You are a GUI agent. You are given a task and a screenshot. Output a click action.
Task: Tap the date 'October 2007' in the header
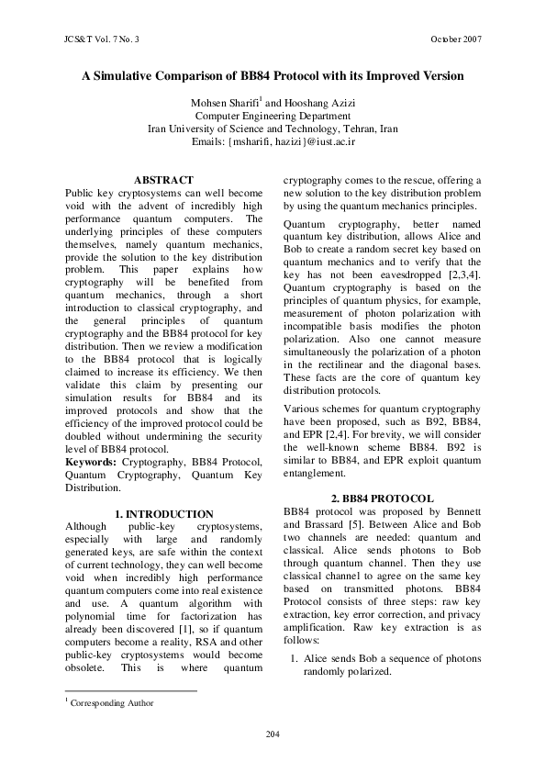pyautogui.click(x=455, y=39)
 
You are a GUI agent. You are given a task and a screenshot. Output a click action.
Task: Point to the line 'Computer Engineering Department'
pyautogui.click(x=273, y=117)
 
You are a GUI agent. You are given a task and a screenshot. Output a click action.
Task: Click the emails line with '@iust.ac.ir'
pyautogui.click(x=273, y=143)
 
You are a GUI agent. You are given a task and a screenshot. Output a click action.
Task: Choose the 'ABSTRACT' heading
pyautogui.click(x=163, y=180)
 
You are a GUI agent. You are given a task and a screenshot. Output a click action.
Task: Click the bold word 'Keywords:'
pyautogui.click(x=90, y=463)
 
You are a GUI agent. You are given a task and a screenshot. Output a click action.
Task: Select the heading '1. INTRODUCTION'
pyautogui.click(x=163, y=514)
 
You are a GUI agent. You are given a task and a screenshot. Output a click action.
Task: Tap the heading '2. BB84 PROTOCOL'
pyautogui.click(x=382, y=498)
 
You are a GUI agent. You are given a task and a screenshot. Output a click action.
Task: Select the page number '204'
pyautogui.click(x=273, y=734)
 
